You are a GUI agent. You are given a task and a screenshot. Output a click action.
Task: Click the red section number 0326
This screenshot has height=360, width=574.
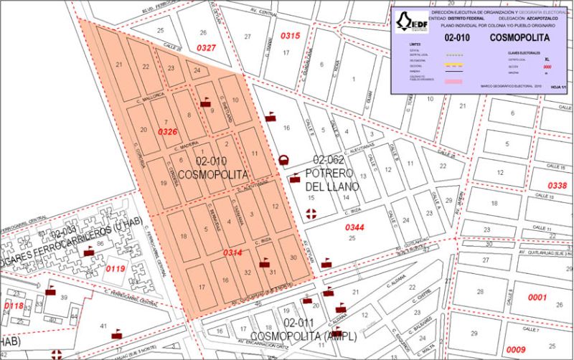click(167, 132)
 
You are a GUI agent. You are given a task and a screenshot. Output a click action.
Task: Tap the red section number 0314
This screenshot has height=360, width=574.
click(232, 253)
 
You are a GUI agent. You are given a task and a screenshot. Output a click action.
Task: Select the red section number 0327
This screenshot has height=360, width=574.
click(207, 47)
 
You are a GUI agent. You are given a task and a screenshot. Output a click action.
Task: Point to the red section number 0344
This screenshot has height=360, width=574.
click(355, 227)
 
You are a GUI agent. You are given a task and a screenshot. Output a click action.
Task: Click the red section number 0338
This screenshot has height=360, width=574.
click(557, 186)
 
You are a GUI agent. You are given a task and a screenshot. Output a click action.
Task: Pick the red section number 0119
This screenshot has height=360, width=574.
click(116, 269)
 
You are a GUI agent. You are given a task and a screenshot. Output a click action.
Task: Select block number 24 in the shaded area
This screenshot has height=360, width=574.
click(197, 71)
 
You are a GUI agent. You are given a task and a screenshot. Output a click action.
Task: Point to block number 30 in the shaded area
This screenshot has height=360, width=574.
click(293, 257)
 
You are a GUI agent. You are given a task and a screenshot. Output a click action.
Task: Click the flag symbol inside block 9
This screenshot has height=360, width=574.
click(206, 102)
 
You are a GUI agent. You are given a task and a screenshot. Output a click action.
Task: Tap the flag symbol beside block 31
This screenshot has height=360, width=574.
click(264, 262)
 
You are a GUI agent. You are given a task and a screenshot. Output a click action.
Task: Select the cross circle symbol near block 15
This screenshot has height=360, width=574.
click(311, 213)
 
